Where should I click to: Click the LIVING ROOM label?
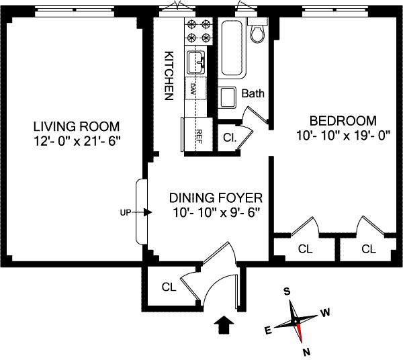click(77, 126)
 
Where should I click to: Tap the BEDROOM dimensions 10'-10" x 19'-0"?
click(343, 136)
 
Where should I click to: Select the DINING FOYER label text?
click(216, 198)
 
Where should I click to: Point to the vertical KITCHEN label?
click(169, 75)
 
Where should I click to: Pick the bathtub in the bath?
click(232, 48)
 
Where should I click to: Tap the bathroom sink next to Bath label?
click(227, 97)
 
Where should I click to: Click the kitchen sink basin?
click(196, 62)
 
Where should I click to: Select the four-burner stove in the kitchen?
click(199, 32)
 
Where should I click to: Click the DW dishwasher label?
click(192, 89)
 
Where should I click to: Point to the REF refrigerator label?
click(199, 136)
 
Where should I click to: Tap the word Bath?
click(253, 93)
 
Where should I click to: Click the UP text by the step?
click(126, 212)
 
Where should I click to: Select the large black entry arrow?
click(224, 325)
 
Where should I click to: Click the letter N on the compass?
click(306, 352)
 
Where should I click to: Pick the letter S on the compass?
click(287, 291)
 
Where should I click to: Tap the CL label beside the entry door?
click(169, 287)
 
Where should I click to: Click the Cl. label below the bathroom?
click(230, 138)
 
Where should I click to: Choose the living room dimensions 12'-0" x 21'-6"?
click(77, 141)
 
